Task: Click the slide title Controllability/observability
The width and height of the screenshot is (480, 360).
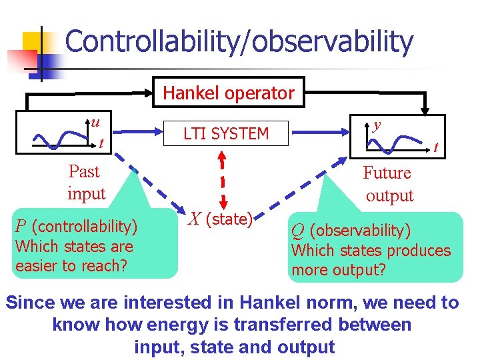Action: [x=239, y=41]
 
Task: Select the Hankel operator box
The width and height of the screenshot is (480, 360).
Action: [x=229, y=93]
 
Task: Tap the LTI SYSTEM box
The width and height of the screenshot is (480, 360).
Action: [x=225, y=134]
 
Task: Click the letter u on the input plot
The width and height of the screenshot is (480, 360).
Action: [x=96, y=122]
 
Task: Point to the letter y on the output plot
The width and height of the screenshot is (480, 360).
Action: [x=377, y=124]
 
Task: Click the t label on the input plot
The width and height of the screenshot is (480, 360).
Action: [x=100, y=143]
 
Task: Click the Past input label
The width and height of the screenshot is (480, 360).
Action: [x=85, y=183]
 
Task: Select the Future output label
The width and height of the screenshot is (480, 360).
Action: [x=388, y=184]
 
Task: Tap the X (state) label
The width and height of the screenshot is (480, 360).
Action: [x=220, y=219]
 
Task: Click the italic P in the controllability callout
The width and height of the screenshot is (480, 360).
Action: [x=21, y=227]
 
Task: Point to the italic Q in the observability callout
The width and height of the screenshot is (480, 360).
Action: [x=298, y=231]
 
